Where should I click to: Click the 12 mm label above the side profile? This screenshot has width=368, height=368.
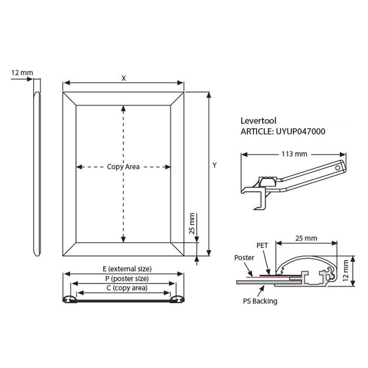(22, 73)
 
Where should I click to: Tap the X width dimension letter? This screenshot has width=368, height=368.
(124, 79)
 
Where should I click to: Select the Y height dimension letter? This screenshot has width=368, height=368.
(215, 165)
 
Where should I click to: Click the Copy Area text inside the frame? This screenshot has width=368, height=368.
(123, 167)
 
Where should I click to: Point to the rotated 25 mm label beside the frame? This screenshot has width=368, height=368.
(192, 223)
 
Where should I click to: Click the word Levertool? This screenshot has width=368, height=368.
(258, 121)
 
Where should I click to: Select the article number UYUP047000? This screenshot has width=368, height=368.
(301, 131)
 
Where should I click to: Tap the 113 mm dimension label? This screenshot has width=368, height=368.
(294, 154)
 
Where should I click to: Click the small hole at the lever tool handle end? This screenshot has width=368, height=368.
(338, 168)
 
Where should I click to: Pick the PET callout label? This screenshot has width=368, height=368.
(262, 245)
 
